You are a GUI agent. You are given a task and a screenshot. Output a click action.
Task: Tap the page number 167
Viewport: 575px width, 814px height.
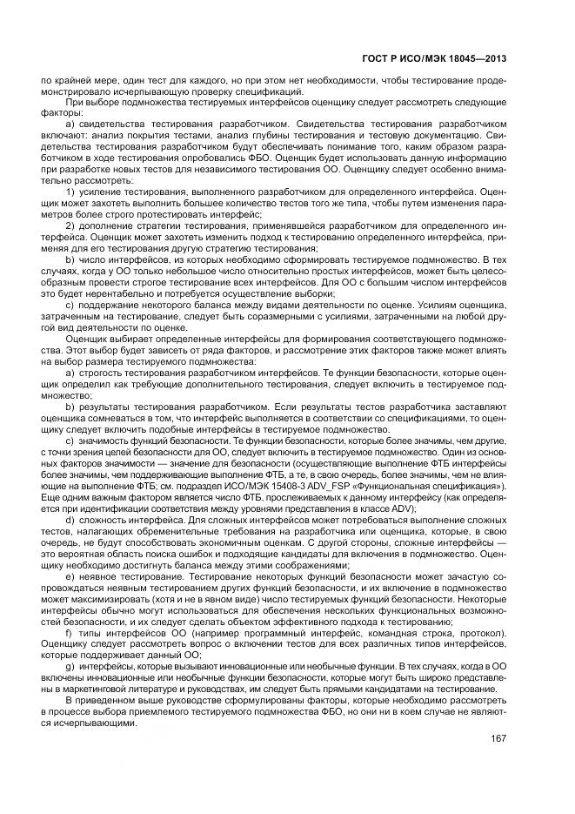pyautogui.click(x=498, y=741)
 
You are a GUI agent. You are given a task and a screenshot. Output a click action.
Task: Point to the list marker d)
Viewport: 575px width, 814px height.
pyautogui.click(x=70, y=520)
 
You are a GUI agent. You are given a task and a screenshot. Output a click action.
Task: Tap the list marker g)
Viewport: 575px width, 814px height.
pyautogui.click(x=70, y=666)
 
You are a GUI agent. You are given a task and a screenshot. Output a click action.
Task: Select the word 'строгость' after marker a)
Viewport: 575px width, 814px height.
pyautogui.click(x=101, y=372)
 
